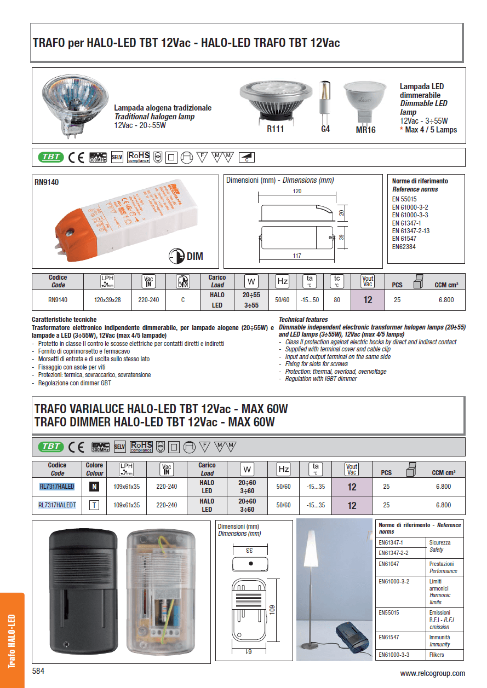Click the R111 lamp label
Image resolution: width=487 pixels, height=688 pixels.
[275, 130]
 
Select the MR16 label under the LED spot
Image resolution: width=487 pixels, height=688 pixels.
[365, 130]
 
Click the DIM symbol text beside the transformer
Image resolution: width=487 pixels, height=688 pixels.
[195, 256]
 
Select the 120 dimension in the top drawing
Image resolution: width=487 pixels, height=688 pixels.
[297, 192]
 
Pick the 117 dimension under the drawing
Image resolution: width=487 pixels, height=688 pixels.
[296, 256]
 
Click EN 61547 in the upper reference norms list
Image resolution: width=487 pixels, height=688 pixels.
[404, 239]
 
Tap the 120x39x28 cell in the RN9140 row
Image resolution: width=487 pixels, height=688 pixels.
[107, 300]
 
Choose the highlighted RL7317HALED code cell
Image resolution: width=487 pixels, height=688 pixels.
[56, 486]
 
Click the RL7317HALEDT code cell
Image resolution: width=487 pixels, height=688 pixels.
[56, 505]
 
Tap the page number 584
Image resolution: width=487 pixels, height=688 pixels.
[38, 671]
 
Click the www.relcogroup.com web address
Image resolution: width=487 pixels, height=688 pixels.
[432, 673]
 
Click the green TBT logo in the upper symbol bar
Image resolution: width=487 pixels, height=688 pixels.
[51, 157]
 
